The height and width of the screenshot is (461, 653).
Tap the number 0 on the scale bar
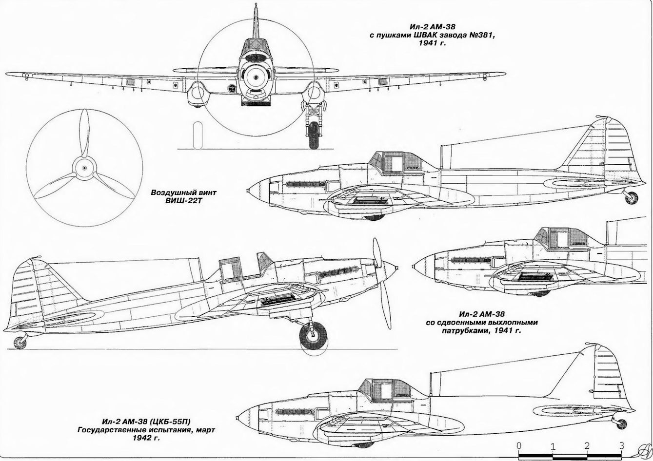pyautogui.click(x=518, y=446)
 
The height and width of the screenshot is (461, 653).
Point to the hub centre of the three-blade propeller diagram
pyautogui.click(x=84, y=168)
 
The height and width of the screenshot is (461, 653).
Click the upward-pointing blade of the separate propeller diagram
pyautogui.click(x=84, y=134)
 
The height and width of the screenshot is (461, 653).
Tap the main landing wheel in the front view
pyautogui.click(x=314, y=135)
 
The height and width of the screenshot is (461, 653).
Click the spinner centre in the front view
pyautogui.click(x=256, y=77)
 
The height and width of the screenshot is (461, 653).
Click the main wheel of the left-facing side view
pyautogui.click(x=313, y=336)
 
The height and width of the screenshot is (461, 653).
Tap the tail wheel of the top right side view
pyautogui.click(x=632, y=198)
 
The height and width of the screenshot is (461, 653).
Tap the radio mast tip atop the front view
pyautogui.click(x=256, y=4)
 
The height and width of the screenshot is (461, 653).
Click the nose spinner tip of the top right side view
pyautogui.click(x=248, y=191)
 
